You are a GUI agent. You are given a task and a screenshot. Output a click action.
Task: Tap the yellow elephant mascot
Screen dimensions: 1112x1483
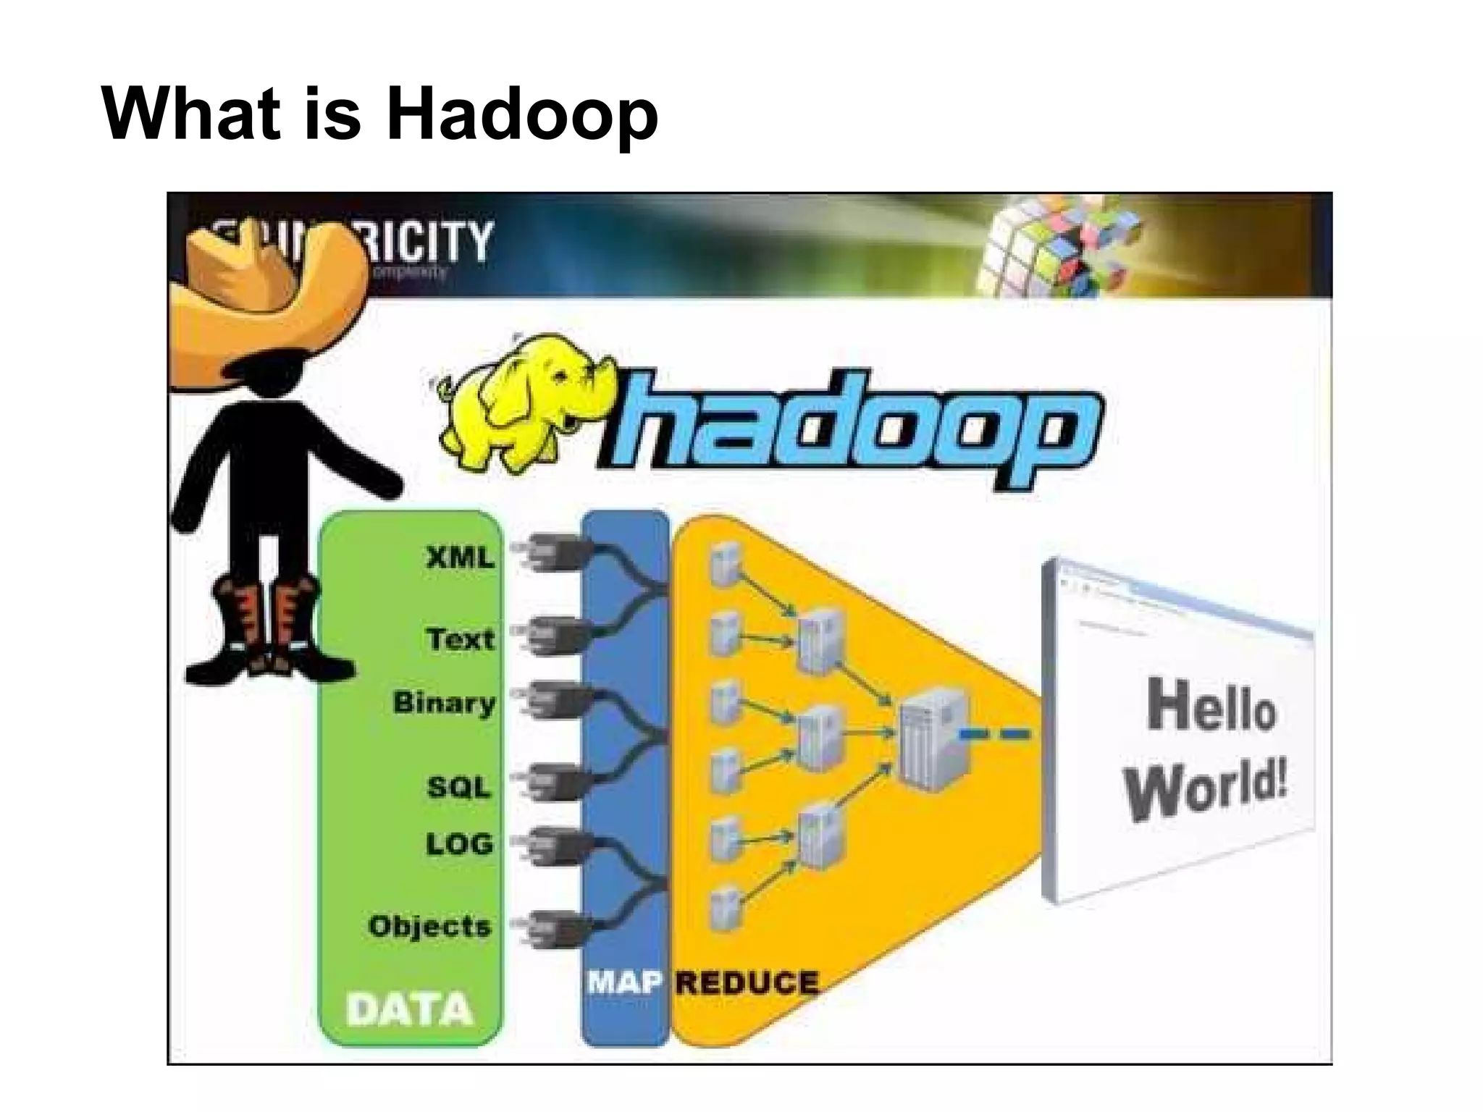(x=521, y=405)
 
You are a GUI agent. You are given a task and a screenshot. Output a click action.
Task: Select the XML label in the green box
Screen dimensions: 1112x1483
(x=461, y=558)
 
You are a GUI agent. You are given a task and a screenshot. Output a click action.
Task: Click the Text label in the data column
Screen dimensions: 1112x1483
(x=461, y=639)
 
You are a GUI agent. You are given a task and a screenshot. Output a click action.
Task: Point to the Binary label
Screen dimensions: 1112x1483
(x=444, y=703)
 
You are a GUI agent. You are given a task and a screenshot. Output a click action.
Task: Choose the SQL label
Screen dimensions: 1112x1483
(x=459, y=787)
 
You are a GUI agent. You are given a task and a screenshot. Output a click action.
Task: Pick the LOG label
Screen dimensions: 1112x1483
(x=459, y=844)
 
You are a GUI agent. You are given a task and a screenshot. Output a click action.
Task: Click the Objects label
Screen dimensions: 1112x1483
(x=430, y=926)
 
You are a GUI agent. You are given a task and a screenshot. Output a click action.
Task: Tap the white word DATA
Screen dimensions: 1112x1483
(x=409, y=1009)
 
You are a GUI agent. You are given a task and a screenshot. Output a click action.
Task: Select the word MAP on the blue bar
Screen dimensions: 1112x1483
(x=624, y=982)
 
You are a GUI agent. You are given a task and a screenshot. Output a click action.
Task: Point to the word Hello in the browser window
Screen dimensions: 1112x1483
(x=1211, y=706)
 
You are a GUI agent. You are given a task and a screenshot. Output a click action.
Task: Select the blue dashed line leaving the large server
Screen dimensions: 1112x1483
(x=996, y=735)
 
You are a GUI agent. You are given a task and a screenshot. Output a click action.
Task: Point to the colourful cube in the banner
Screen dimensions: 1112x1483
(x=1057, y=246)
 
